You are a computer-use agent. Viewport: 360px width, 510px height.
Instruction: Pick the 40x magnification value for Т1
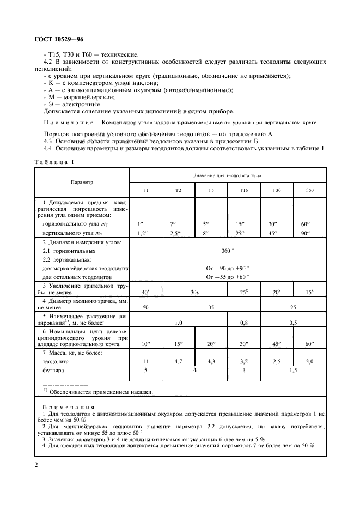(145, 292)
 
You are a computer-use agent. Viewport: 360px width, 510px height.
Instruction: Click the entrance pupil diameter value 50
(145, 307)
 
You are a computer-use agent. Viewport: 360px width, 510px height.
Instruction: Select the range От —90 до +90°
(227, 268)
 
